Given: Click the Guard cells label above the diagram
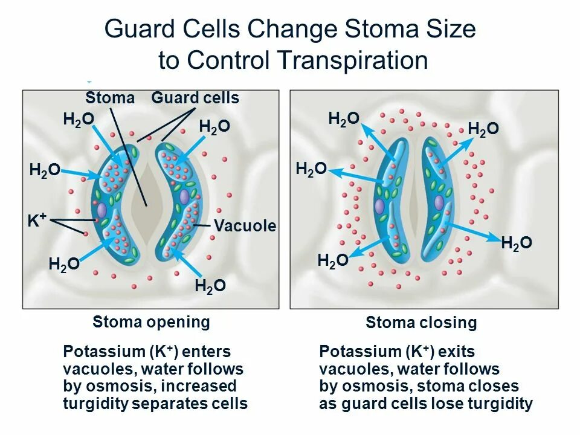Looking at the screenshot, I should point(195,98).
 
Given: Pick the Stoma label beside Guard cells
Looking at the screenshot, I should point(110,98).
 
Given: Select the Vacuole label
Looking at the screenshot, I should point(245,227).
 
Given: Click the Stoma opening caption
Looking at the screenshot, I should point(151,322).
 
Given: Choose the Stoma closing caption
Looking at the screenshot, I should point(421,323).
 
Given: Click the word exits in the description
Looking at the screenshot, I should point(457,352).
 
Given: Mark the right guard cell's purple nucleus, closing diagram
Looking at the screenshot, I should point(439,202).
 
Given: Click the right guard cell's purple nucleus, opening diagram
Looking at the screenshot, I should point(184,197).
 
